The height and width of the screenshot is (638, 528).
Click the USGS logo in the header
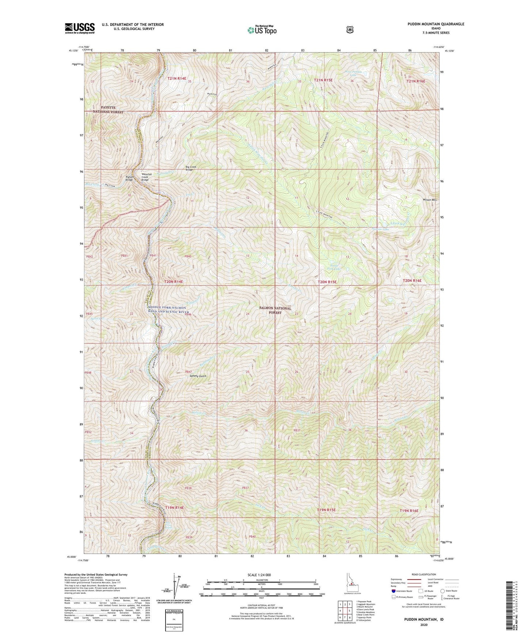pos(80,28)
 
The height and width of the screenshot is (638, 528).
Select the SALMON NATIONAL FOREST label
pos(276,310)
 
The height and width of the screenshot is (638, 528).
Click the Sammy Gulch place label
pos(198,376)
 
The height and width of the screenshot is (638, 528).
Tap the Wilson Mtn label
pos(429,200)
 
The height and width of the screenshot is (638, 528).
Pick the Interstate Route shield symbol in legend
pos(393,590)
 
